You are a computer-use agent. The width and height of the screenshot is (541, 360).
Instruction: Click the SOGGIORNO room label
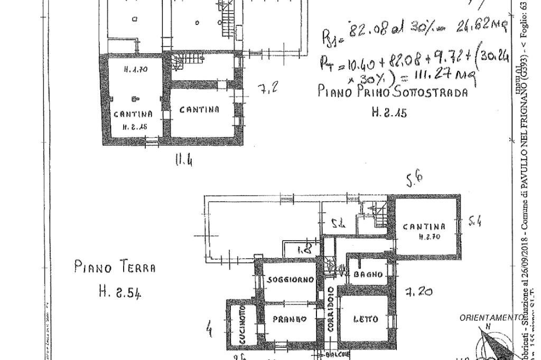click(x=291, y=280)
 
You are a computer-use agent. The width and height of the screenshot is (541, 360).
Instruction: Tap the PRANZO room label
click(x=290, y=319)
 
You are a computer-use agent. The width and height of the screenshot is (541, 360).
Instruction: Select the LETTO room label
click(x=366, y=319)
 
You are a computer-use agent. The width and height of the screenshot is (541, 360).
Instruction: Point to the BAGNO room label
click(x=368, y=274)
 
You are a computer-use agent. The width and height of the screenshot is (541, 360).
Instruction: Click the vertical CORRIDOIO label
click(x=330, y=309)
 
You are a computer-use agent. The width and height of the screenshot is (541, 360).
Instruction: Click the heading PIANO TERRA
click(x=115, y=267)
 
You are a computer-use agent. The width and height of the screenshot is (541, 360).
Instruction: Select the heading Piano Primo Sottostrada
click(x=393, y=91)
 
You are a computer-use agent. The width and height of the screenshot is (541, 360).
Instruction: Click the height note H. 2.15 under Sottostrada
click(x=389, y=112)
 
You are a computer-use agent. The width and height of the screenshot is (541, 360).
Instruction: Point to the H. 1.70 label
click(x=135, y=69)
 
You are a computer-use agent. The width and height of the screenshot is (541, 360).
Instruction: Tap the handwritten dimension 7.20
click(x=419, y=291)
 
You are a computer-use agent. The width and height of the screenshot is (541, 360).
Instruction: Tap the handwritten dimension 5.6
click(x=414, y=181)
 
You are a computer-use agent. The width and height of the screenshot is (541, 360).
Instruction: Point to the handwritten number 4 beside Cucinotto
click(x=210, y=329)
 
